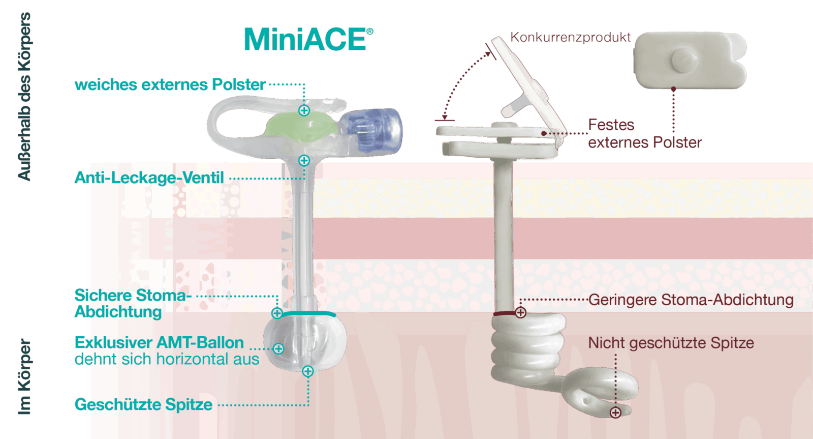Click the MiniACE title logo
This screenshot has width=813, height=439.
(x=308, y=40)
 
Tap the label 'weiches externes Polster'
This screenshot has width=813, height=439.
(x=170, y=84)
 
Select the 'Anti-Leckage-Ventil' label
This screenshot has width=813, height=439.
(x=149, y=178)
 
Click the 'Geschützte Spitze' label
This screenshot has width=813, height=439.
(x=143, y=404)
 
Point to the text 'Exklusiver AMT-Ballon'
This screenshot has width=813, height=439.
(x=159, y=342)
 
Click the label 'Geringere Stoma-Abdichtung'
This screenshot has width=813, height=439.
(x=691, y=300)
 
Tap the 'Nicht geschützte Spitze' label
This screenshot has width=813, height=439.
(x=671, y=343)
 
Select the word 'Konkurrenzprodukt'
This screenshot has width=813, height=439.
(x=570, y=37)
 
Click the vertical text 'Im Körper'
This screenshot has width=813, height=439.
(x=24, y=376)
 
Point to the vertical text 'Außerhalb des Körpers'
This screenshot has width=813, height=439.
(x=24, y=97)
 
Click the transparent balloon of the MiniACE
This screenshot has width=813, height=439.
(x=305, y=343)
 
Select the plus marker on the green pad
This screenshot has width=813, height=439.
(x=304, y=110)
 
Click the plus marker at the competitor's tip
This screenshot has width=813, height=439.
(x=615, y=412)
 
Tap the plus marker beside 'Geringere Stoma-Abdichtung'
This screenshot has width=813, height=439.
(x=520, y=312)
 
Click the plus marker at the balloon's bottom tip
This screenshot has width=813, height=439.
(x=307, y=371)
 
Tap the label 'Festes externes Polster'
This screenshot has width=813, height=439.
(x=644, y=133)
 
